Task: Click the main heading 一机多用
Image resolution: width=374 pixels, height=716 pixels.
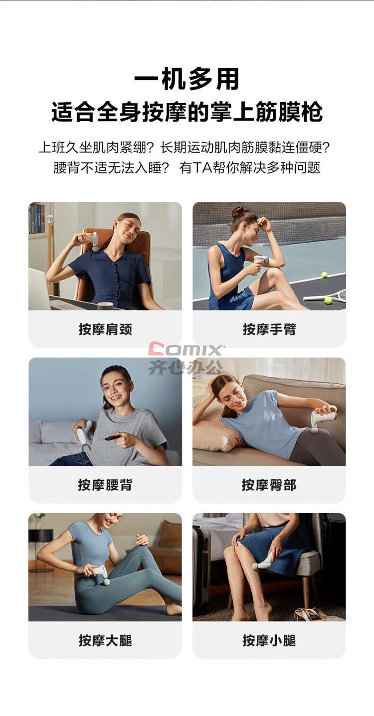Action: [187, 79]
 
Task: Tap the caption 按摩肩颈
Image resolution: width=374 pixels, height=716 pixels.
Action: [105, 329]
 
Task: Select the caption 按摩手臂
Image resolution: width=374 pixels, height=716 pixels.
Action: [269, 329]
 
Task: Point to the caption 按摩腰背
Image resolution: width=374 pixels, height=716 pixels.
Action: [105, 485]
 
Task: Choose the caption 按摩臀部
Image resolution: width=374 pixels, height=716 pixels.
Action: [269, 485]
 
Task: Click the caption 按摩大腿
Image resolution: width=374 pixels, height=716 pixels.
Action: [105, 640]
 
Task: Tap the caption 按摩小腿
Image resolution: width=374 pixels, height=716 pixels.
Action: [269, 640]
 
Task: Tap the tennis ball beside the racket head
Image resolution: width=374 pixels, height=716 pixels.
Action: [328, 300]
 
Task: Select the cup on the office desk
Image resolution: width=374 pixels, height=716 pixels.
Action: [105, 306]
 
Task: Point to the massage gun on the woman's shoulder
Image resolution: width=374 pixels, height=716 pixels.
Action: [88, 241]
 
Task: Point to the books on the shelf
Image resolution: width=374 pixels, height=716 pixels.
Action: [36, 219]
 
